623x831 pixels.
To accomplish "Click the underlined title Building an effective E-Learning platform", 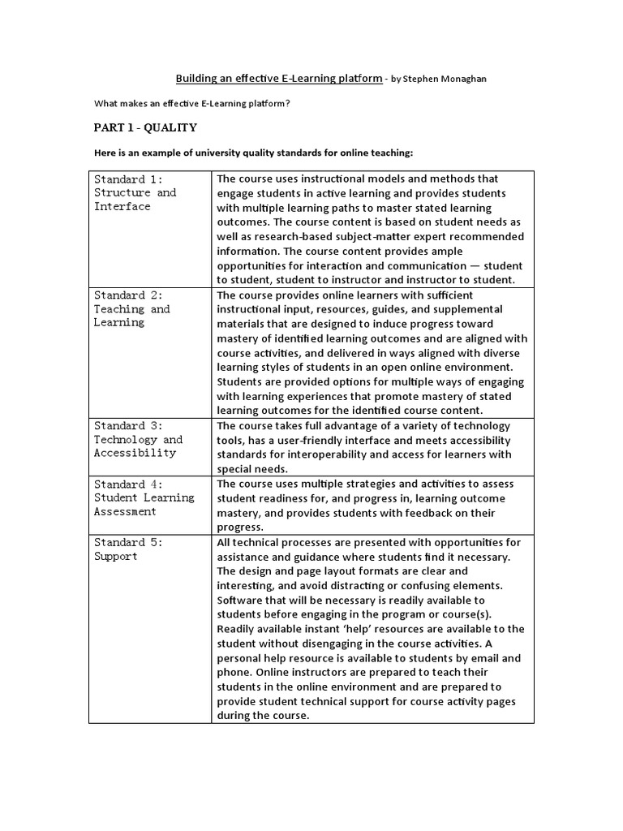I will (279, 79).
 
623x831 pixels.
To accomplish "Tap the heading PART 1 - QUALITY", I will (145, 128).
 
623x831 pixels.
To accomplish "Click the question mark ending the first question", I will (287, 104).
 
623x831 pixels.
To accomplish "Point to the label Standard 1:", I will (128, 179).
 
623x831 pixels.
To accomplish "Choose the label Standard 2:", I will (128, 295).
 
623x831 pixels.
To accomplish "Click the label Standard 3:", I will (128, 426).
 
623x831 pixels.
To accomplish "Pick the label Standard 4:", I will (128, 484).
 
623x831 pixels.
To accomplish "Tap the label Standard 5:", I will (128, 543).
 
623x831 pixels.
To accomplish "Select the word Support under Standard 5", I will (115, 557).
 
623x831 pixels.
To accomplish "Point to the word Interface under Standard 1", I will (122, 207).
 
